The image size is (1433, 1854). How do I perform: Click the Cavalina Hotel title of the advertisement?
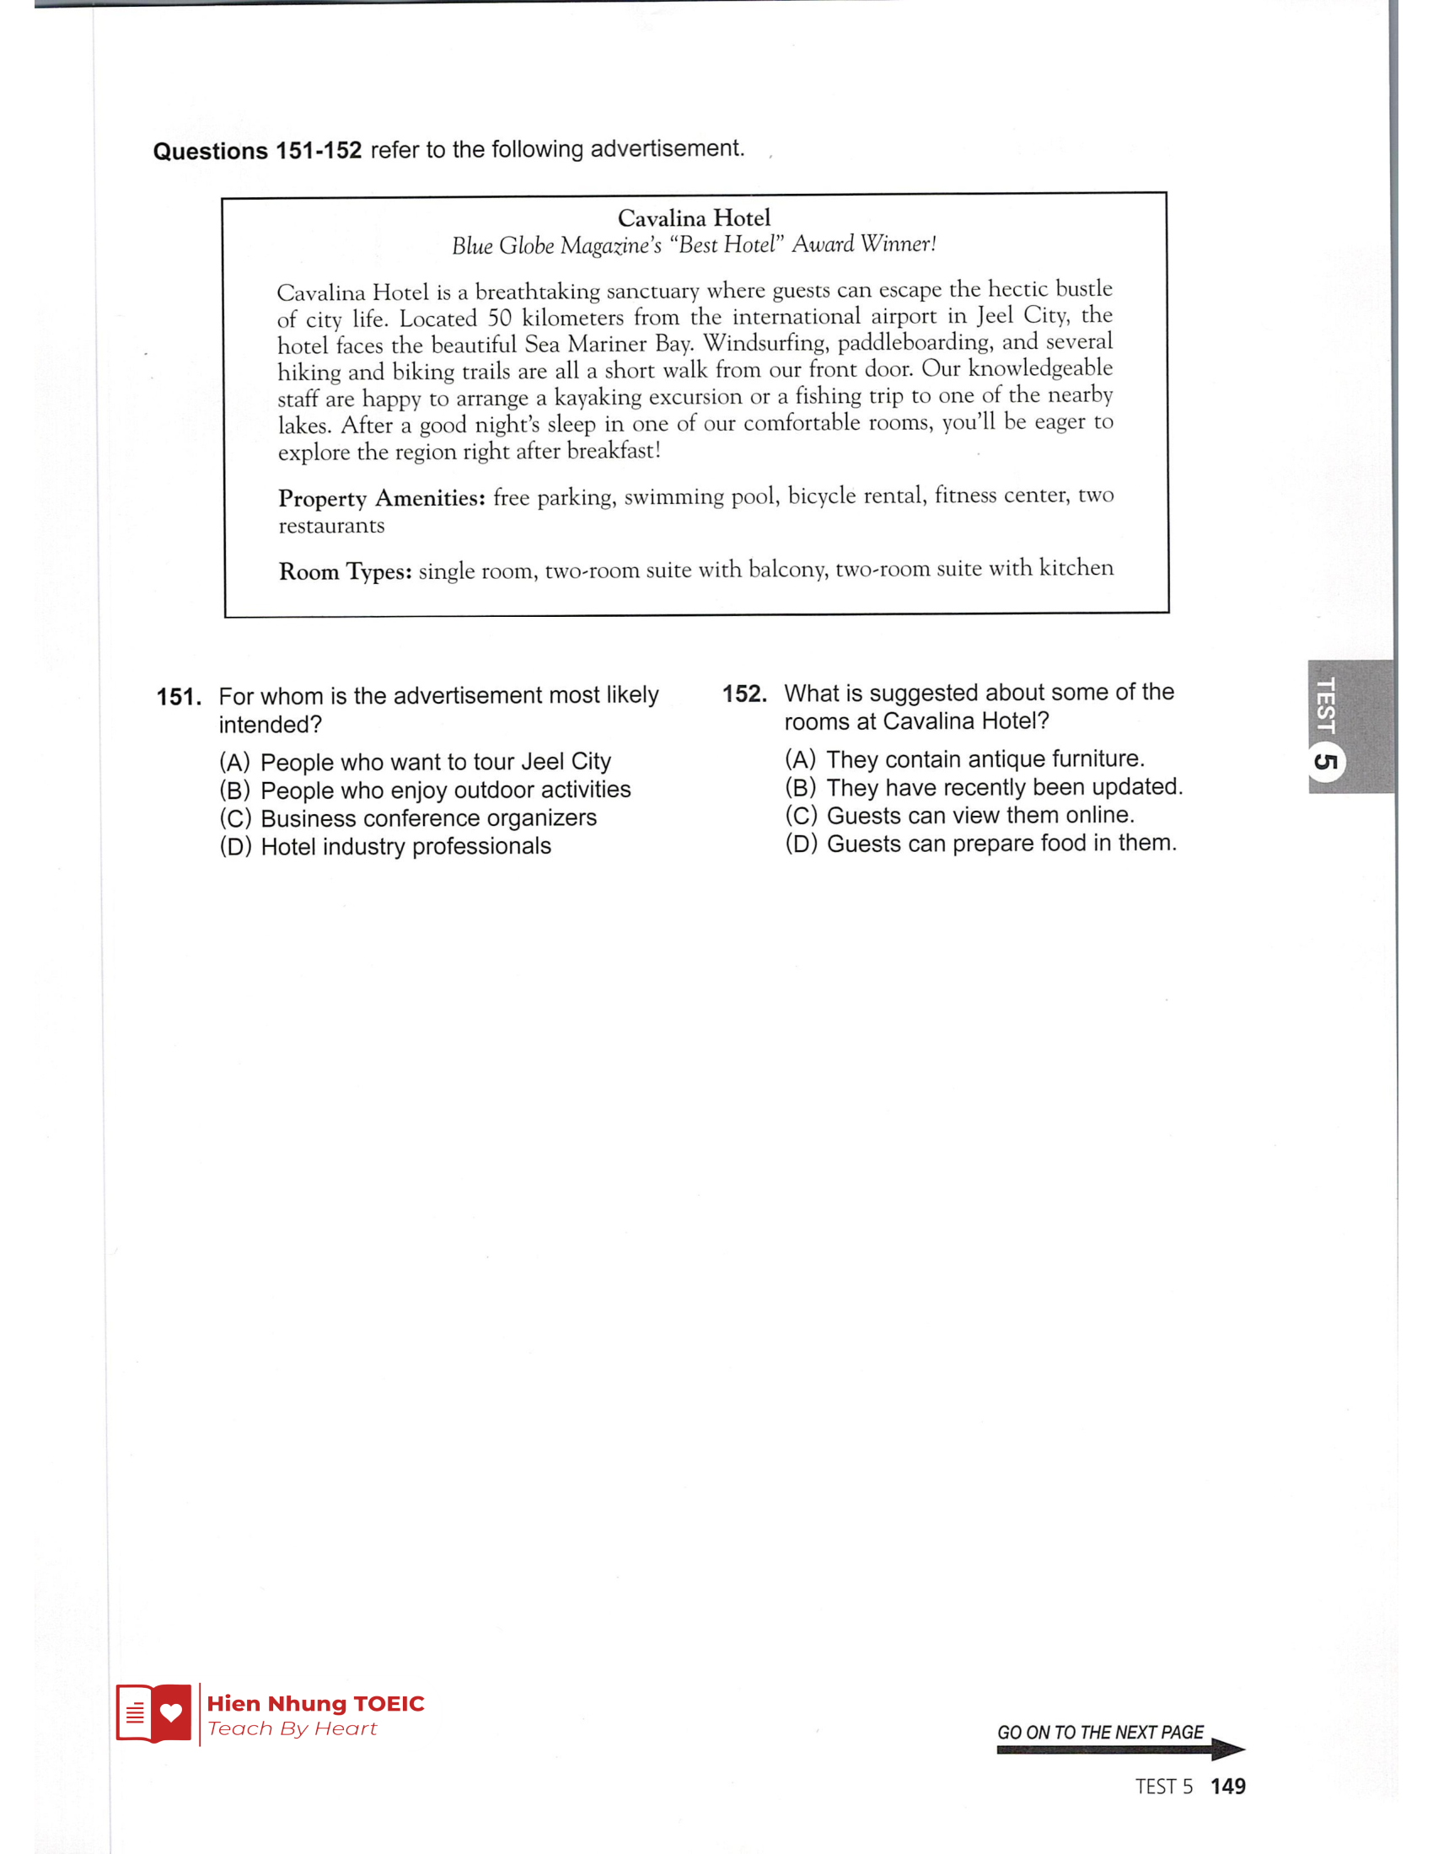coord(694,218)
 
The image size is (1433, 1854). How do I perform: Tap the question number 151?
coord(178,697)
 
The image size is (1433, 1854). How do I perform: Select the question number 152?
coord(743,694)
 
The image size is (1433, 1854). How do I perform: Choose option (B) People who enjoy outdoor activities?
coord(425,790)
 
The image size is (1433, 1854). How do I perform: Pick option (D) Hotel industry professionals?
coord(384,846)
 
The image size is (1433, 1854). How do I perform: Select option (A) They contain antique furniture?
coord(964,758)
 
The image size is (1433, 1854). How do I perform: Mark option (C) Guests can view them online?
coord(959,815)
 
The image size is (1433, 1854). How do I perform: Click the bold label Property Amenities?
coord(381,497)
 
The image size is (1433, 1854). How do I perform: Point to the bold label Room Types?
coord(345,571)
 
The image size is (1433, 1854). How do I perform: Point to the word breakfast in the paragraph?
coord(611,450)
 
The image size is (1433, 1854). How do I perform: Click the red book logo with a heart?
coord(153,1713)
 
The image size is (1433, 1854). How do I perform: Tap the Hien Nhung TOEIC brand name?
coord(315,1703)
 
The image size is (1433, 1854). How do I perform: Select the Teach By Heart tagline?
coord(291,1728)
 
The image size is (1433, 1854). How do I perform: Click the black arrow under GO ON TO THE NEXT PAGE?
coord(1119,1750)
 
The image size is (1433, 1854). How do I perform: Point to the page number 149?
coord(1227,1786)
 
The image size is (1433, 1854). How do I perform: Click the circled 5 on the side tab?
coord(1325,762)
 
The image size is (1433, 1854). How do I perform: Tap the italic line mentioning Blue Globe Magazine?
coord(694,245)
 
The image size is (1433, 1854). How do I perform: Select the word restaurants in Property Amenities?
coord(331,526)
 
